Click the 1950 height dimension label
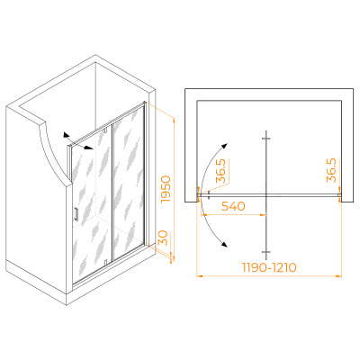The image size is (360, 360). coord(166,190)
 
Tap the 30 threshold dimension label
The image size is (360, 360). coord(163,238)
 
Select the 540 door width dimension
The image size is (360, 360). coord(233,206)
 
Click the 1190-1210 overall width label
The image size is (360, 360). coord(269,267)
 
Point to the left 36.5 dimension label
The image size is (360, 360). coord(220,171)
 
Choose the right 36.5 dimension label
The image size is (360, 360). coord(331,171)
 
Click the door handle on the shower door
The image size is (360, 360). coord(76,214)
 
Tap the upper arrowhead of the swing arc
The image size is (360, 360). coord(224,147)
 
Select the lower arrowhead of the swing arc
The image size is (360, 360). coord(224,245)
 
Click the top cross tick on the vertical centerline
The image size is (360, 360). coord(266,139)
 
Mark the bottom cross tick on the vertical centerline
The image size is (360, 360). coord(266,252)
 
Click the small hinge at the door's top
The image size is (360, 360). coord(105,130)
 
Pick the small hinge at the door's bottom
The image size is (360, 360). coord(105,263)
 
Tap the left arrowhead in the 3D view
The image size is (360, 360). coord(66,135)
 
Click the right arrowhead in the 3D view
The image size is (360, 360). coord(89,148)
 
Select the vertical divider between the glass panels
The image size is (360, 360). coord(112,193)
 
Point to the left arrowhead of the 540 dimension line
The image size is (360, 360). coord(203,214)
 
